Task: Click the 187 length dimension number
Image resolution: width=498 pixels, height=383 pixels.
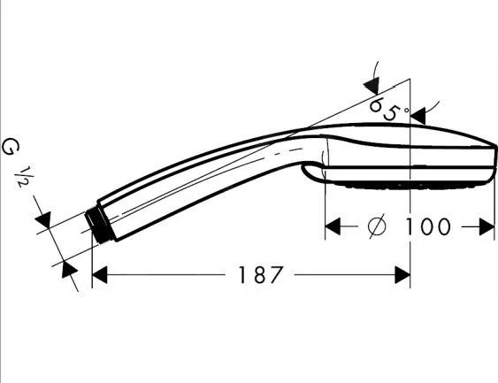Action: click(x=260, y=275)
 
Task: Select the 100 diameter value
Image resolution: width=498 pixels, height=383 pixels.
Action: click(x=427, y=226)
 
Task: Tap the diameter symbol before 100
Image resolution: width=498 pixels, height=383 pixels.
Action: click(x=377, y=226)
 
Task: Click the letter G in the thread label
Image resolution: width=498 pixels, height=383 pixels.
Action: click(x=10, y=148)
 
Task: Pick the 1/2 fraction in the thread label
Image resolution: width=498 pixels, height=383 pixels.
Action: click(x=25, y=177)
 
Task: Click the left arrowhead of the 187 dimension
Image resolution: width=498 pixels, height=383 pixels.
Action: click(x=99, y=275)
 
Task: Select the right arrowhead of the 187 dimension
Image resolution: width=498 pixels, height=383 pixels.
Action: click(x=402, y=275)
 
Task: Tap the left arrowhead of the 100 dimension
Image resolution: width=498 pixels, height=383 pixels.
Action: click(x=333, y=226)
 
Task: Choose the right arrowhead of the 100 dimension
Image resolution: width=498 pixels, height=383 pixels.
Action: click(x=487, y=226)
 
